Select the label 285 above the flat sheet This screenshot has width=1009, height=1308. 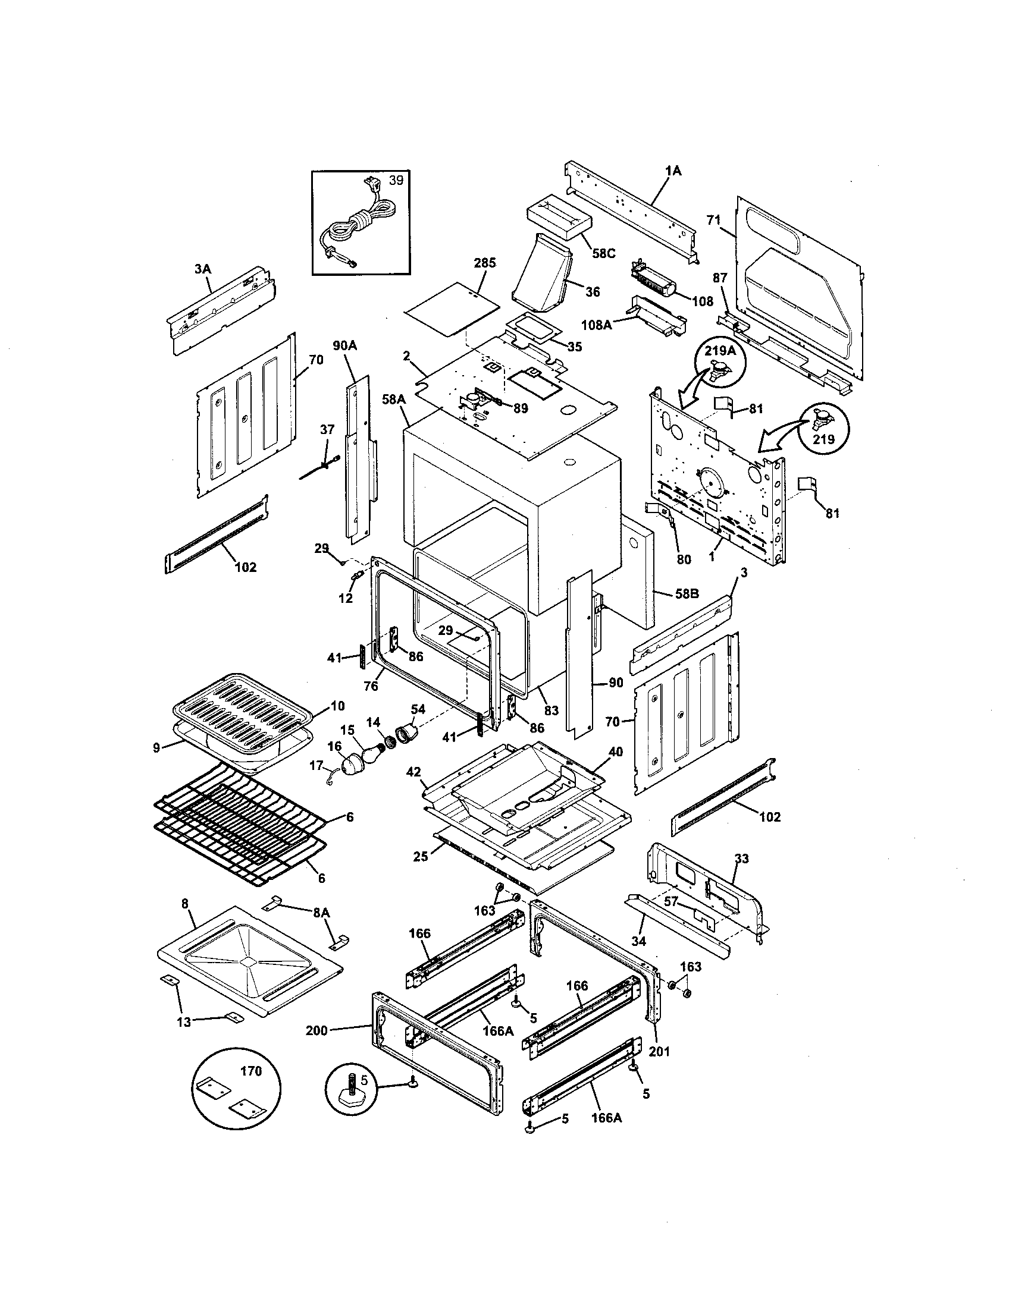point(485,263)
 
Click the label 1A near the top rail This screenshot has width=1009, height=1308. point(673,171)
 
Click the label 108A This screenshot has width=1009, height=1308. point(597,325)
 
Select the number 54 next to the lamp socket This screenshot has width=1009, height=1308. point(418,709)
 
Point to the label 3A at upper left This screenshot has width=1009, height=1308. point(202,269)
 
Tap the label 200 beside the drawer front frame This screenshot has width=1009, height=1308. point(317,1030)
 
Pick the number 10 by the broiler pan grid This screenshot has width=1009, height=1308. point(337,706)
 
